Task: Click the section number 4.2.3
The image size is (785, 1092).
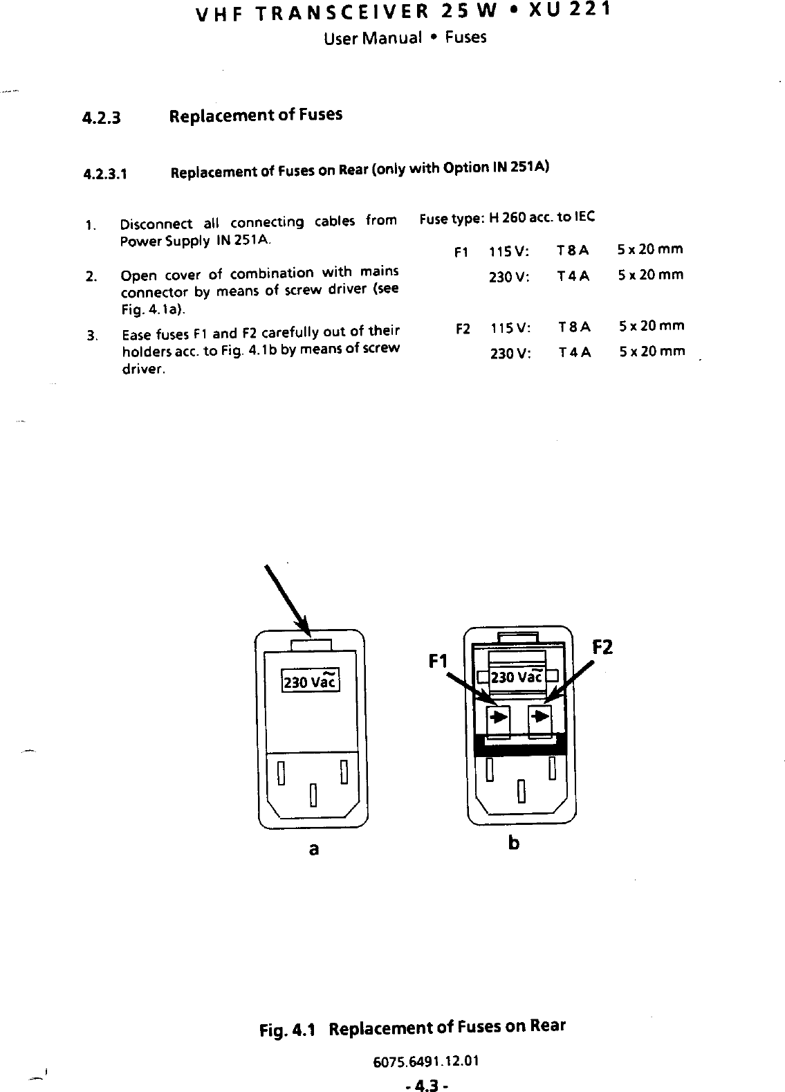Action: [x=102, y=118]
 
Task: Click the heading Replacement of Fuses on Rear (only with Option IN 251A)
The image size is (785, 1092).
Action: [x=360, y=170]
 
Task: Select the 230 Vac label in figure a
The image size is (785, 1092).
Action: [x=309, y=681]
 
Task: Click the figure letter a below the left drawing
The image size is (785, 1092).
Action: [x=313, y=848]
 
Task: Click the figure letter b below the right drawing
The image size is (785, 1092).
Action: [x=513, y=844]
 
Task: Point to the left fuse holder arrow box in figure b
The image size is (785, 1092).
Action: [x=499, y=718]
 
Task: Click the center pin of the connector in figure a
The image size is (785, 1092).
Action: [x=313, y=796]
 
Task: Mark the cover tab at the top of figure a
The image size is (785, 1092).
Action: [x=312, y=645]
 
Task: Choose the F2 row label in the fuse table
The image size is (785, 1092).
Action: [x=463, y=327]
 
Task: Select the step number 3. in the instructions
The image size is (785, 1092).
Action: [x=91, y=337]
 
